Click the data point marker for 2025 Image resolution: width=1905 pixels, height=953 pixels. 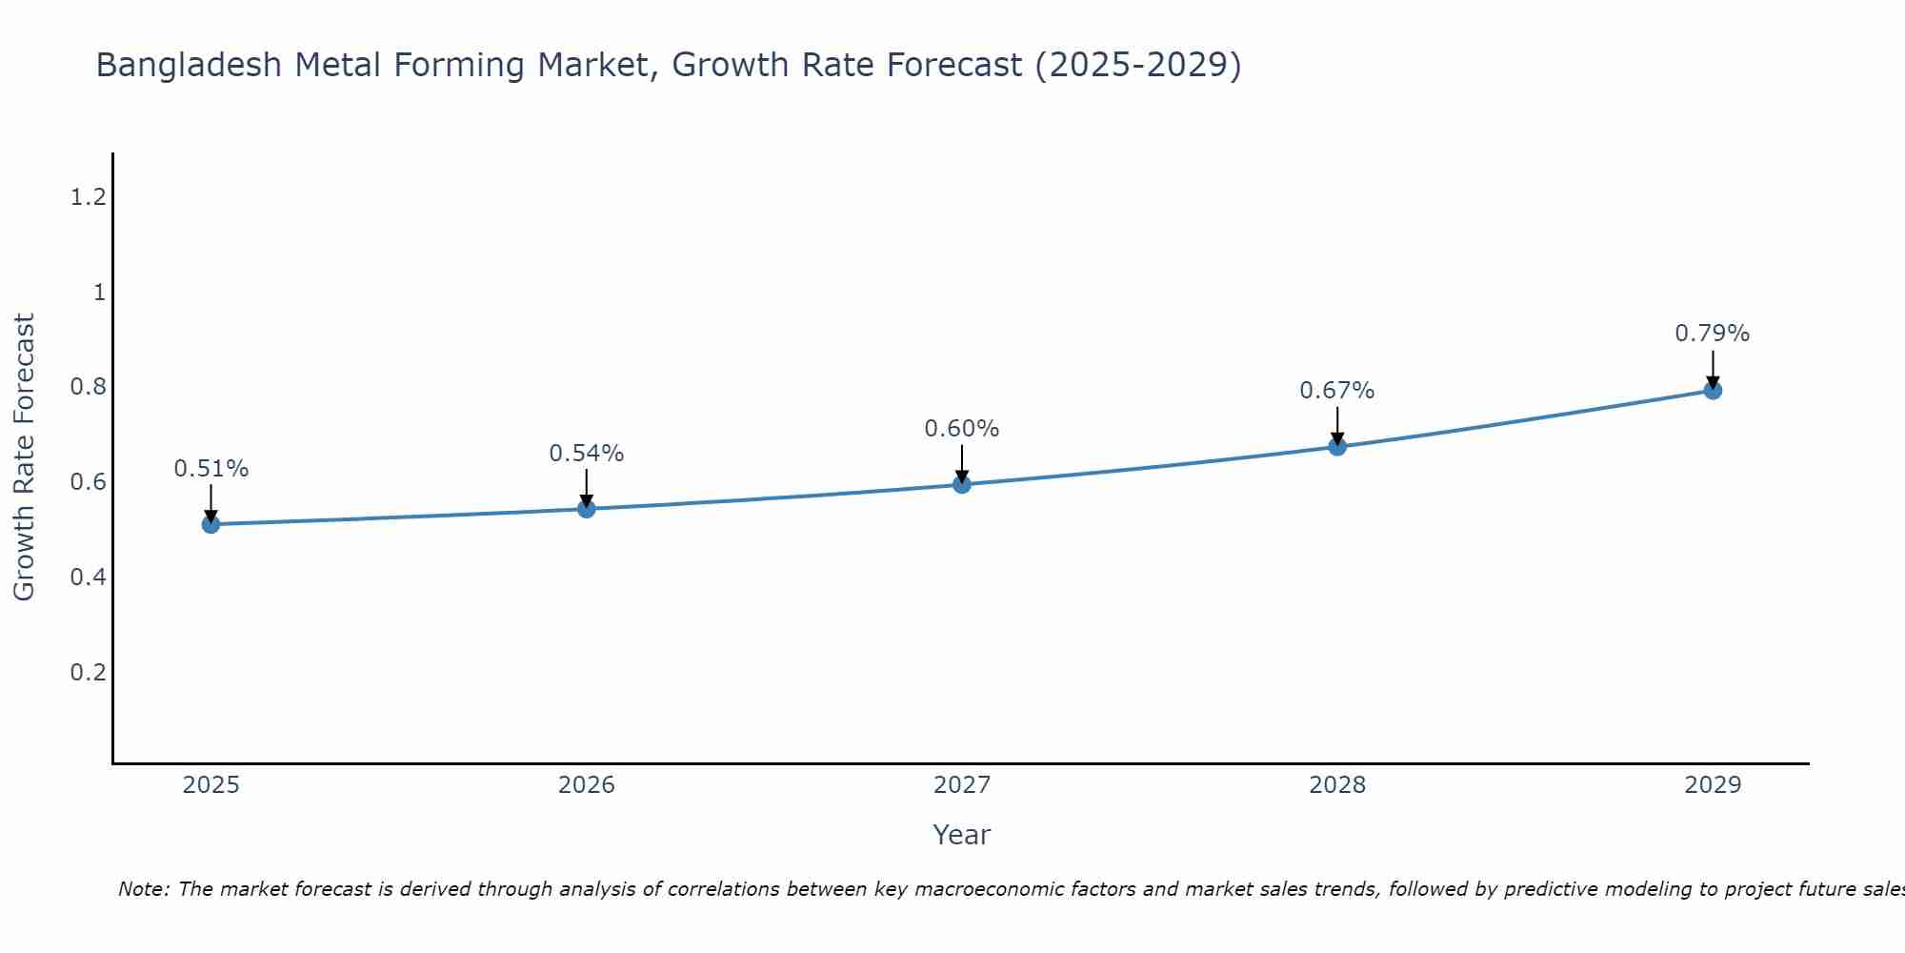tap(211, 524)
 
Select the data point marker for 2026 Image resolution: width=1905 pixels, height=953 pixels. tap(587, 509)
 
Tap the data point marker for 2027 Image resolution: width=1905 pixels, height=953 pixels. tap(962, 484)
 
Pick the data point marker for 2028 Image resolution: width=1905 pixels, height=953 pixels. tap(1337, 446)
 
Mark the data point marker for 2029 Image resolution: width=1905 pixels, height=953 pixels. tap(1713, 390)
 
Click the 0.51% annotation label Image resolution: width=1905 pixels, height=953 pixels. tap(211, 469)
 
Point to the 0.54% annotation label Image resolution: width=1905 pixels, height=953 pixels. tap(587, 454)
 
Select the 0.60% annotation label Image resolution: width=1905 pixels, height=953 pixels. tap(962, 429)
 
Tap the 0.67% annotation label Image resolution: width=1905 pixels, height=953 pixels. tap(1337, 391)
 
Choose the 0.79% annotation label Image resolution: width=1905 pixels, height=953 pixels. tap(1713, 334)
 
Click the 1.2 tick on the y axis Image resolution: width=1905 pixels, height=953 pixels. tap(88, 197)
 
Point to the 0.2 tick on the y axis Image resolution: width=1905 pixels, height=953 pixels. tap(88, 672)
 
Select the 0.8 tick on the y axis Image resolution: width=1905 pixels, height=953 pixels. tap(88, 387)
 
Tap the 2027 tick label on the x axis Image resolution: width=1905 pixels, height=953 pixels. tap(962, 785)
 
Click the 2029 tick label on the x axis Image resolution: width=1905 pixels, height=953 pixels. tap(1713, 785)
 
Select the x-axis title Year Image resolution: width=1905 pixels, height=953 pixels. tap(962, 835)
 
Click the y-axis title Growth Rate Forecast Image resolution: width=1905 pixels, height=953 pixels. tap(24, 457)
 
